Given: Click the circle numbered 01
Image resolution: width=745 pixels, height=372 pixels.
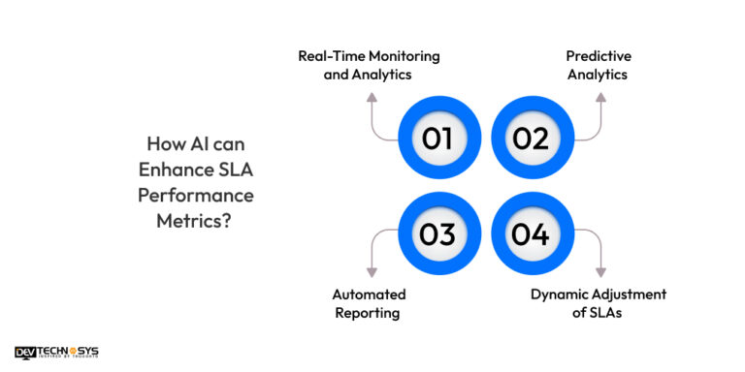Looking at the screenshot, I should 437,139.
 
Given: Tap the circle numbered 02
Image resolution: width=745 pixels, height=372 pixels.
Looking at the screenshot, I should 531,139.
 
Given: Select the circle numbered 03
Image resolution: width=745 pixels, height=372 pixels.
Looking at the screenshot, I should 437,232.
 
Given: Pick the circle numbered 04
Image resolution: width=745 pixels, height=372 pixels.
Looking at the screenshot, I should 531,232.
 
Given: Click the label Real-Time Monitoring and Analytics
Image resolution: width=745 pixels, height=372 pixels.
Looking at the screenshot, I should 368,65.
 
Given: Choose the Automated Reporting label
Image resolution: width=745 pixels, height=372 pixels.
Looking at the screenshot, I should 368,303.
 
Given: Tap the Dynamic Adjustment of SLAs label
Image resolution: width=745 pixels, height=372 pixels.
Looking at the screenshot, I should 598,303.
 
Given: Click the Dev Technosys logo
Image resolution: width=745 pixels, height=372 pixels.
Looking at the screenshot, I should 56,353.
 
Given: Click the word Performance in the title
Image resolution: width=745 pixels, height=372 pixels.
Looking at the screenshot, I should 205,195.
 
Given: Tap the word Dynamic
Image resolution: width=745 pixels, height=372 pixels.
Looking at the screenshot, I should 562,294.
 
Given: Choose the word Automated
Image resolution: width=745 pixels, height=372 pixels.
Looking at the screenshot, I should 369,294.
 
